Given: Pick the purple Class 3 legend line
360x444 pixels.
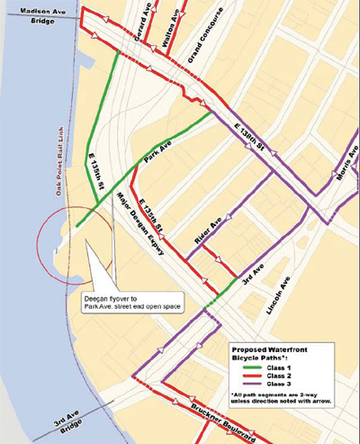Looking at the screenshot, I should pos(242,387).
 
